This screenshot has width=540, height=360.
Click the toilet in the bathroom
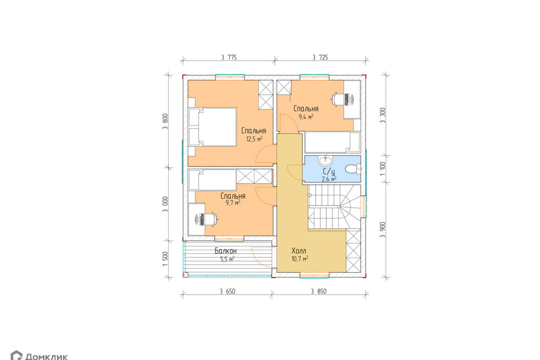(353, 169)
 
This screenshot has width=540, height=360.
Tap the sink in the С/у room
(325, 160)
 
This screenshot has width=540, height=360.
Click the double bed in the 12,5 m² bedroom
(213, 127)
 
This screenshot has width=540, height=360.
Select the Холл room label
(299, 250)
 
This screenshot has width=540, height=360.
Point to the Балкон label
(226, 251)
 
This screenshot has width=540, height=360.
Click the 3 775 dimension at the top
(229, 57)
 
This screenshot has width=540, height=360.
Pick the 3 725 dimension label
(320, 57)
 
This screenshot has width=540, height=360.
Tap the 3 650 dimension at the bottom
(227, 291)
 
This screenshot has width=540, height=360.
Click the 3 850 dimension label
(318, 291)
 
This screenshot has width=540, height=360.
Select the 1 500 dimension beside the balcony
(165, 259)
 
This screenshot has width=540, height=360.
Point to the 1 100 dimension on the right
(382, 169)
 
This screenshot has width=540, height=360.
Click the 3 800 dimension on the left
(165, 121)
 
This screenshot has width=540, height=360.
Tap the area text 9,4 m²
(306, 117)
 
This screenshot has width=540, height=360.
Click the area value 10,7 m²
(300, 258)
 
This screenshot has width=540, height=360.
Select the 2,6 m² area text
(329, 179)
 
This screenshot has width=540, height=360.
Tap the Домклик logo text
(47, 357)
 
